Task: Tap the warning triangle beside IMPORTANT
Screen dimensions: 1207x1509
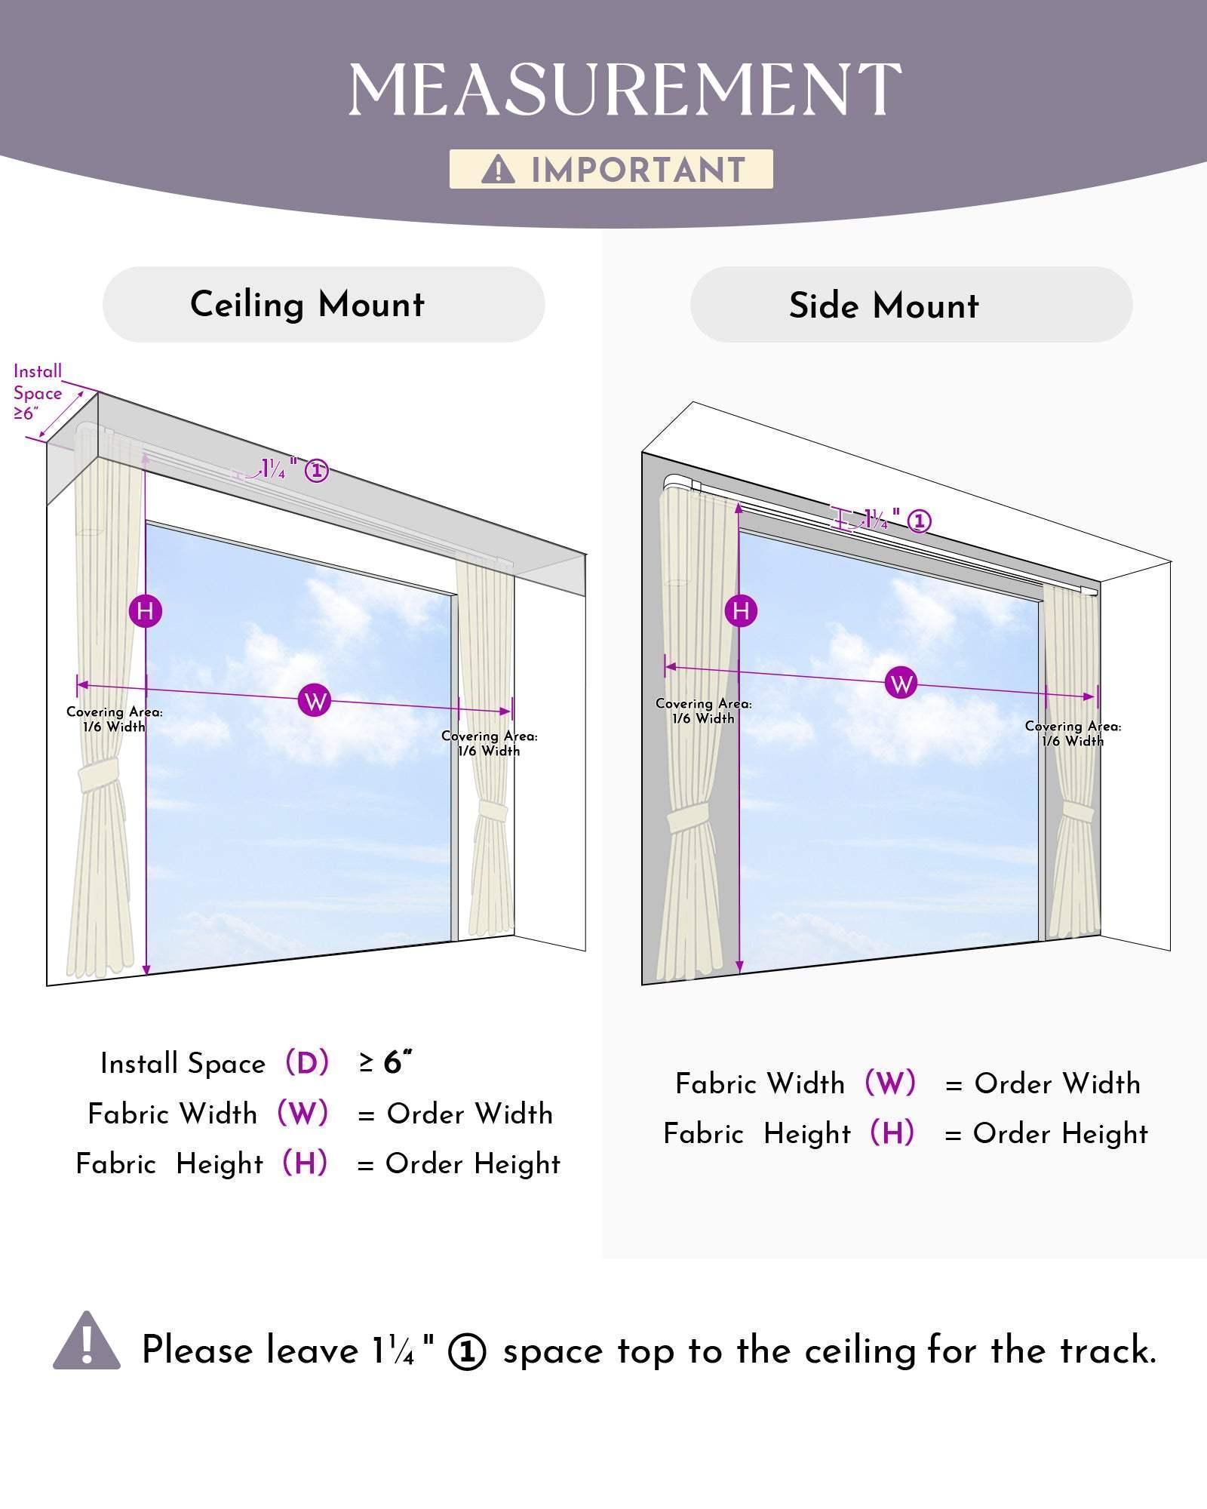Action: [x=498, y=169]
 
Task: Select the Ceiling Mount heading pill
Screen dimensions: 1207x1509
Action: [x=324, y=304]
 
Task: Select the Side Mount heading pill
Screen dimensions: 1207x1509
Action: [x=911, y=304]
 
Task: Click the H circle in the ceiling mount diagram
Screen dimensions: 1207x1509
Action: [x=146, y=610]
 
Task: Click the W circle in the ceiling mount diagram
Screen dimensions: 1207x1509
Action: [x=315, y=701]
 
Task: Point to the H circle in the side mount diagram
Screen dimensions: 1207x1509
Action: [x=741, y=610]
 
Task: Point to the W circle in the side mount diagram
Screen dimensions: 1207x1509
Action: [x=901, y=684]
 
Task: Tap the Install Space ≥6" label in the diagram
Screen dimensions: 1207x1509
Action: [x=38, y=392]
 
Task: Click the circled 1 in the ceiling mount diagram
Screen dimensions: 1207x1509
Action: [x=316, y=472]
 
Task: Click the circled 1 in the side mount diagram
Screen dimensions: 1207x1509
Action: [x=919, y=521]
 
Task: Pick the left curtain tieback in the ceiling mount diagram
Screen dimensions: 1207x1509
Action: [x=99, y=776]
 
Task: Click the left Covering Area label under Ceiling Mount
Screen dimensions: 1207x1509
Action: [x=115, y=719]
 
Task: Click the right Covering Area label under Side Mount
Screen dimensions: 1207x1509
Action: [x=1073, y=733]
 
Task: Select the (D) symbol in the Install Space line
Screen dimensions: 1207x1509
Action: [x=307, y=1063]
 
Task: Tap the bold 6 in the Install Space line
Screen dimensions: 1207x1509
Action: [x=392, y=1062]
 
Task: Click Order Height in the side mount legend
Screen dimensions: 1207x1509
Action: [x=1061, y=1133]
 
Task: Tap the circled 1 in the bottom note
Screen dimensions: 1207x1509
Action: [x=467, y=1352]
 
